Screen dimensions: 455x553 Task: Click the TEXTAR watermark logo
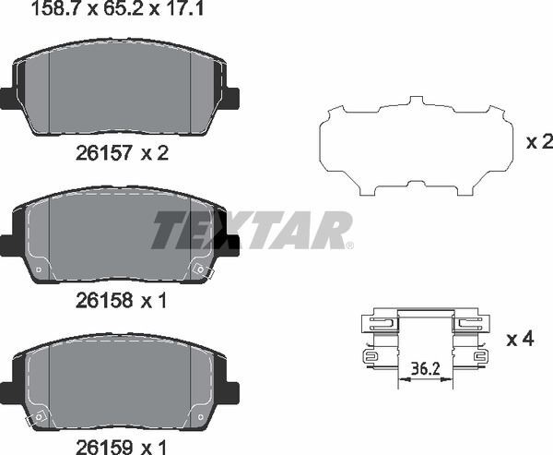tap(252, 230)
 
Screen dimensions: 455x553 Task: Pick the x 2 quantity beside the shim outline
tap(537, 142)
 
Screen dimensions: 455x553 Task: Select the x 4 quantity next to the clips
tap(521, 339)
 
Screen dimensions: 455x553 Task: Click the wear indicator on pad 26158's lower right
tap(201, 269)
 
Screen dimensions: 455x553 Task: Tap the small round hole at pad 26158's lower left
tap(37, 270)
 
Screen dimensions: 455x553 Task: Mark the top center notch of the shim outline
tap(416, 99)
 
